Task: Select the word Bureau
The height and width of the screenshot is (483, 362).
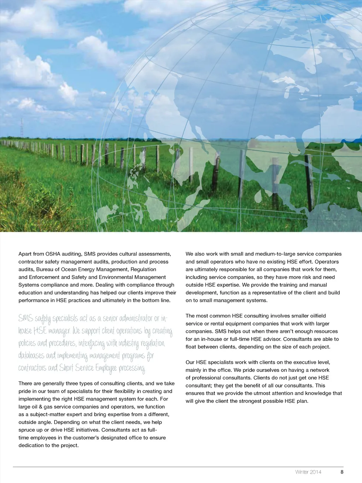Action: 45,270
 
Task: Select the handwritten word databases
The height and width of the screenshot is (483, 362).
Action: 31,356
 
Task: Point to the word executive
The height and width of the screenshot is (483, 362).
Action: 297,362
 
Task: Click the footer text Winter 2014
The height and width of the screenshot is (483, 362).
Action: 308,472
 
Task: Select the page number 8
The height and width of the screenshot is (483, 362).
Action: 342,472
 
